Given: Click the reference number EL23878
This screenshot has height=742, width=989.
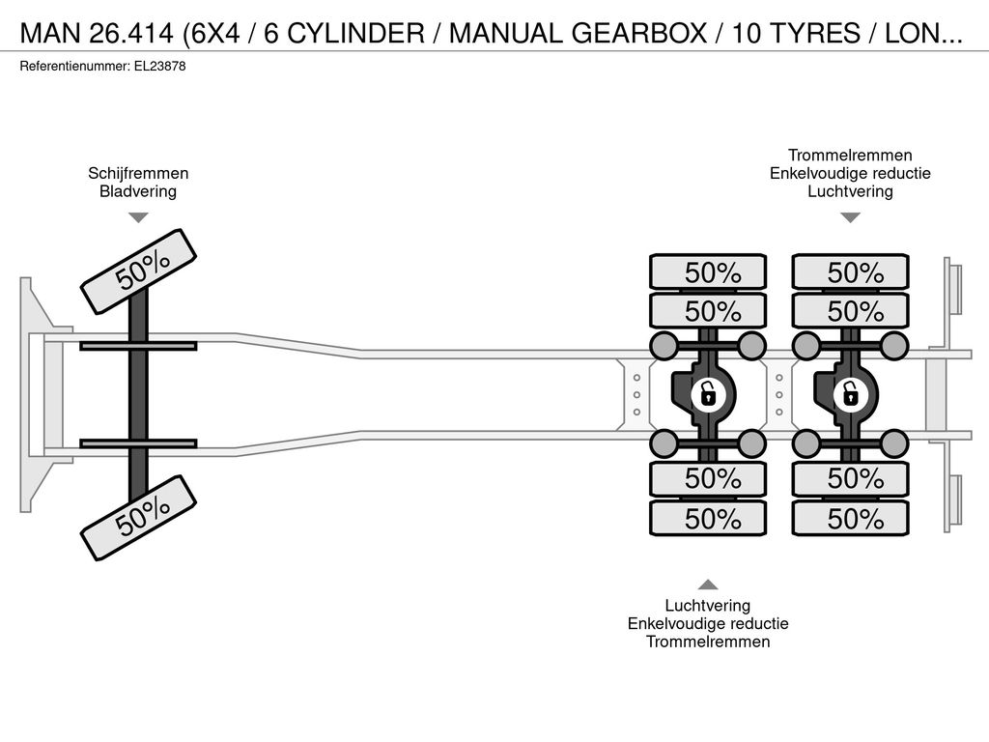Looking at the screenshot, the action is click(x=159, y=67).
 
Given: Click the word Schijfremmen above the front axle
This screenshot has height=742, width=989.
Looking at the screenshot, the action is click(x=138, y=174).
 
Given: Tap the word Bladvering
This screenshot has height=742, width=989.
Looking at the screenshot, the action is click(x=138, y=191).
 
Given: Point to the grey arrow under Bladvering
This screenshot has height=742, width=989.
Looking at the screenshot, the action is click(x=138, y=217).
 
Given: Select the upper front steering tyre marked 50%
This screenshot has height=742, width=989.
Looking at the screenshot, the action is click(x=139, y=271).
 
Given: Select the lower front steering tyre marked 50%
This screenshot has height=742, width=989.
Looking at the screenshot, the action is click(x=139, y=518).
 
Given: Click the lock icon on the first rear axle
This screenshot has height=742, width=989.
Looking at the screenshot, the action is click(x=708, y=395).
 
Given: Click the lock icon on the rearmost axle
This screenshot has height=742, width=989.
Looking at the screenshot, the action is click(x=850, y=395).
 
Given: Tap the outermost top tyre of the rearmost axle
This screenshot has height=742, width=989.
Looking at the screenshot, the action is click(x=850, y=272).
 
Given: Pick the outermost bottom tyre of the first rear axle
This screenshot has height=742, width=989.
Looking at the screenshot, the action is click(x=708, y=519).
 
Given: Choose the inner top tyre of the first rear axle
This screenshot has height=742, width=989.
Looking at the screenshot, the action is click(x=708, y=311).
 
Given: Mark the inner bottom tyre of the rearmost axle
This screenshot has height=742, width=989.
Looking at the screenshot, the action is click(x=850, y=479).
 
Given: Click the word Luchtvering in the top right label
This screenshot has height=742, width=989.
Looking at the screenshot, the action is click(x=850, y=191).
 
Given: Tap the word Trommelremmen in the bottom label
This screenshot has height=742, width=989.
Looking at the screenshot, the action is click(x=708, y=642).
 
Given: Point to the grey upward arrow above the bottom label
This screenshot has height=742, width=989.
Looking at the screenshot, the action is click(x=708, y=585).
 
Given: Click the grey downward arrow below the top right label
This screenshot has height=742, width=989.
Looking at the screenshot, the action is click(x=850, y=217).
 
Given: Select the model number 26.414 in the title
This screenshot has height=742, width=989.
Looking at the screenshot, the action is click(x=131, y=34).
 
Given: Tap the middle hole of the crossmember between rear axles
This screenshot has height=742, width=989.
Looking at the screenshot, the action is click(x=779, y=395).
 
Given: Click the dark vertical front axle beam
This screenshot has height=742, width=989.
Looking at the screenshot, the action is click(x=138, y=394).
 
